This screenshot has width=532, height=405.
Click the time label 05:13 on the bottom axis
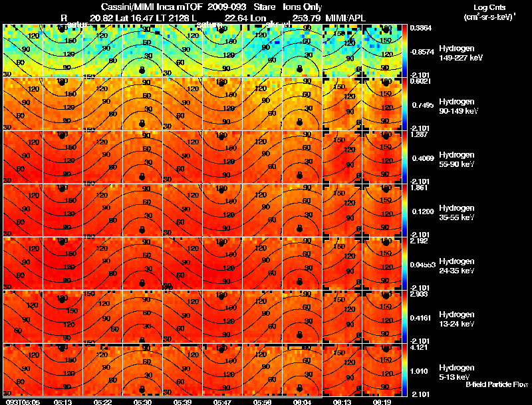[63, 402]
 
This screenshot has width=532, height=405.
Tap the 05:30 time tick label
[143, 402]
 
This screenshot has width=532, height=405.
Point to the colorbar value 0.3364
[420, 29]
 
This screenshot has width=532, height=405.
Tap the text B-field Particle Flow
[496, 384]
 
